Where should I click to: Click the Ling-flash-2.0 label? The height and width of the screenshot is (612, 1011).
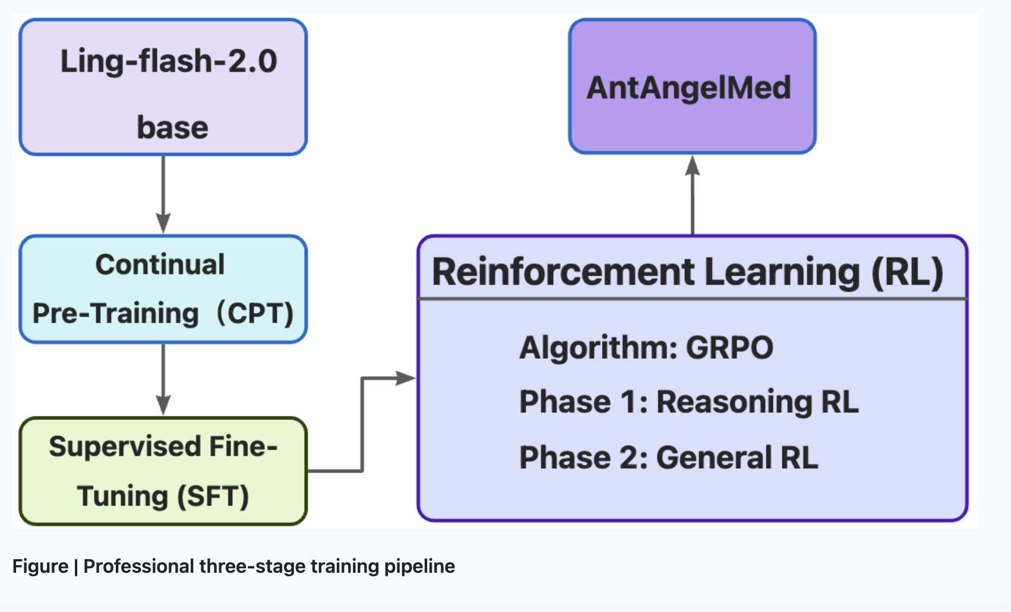pos(169,61)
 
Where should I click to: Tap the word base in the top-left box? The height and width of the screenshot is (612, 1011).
pos(172,127)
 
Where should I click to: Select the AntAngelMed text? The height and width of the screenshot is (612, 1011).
pos(688,88)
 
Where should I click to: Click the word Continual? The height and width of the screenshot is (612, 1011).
pos(160,264)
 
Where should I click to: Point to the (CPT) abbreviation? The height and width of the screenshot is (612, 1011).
pos(255,313)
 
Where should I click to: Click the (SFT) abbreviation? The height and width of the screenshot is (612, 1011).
pos(213,497)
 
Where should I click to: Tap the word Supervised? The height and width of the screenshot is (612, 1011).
pos(125,447)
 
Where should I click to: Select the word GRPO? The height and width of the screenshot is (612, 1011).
pos(729,348)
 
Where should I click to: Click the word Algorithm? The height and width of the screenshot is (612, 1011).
pos(599,348)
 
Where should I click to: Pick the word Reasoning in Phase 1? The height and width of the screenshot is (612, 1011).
pos(734,403)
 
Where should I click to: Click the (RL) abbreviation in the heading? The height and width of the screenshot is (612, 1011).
pos(907,273)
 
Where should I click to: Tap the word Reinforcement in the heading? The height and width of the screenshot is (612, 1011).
pos(563,272)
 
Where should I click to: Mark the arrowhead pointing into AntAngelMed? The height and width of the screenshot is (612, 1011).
pos(693,165)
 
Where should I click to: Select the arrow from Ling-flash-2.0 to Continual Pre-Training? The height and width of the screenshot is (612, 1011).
pos(163,194)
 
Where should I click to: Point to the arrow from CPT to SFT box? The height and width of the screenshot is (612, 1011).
pos(163,379)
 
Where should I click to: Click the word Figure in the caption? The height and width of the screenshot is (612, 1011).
pos(40,567)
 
